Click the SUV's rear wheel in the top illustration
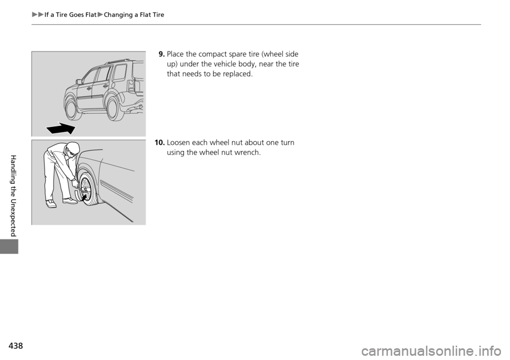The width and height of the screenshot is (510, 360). coord(113,108)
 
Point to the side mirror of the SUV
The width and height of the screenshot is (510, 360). coord(79,82)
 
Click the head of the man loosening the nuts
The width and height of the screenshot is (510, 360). coord(73,149)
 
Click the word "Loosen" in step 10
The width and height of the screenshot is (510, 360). coord(180,143)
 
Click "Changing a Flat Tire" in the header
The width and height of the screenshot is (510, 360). coord(134,15)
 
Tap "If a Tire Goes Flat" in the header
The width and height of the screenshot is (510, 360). coord(70,15)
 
